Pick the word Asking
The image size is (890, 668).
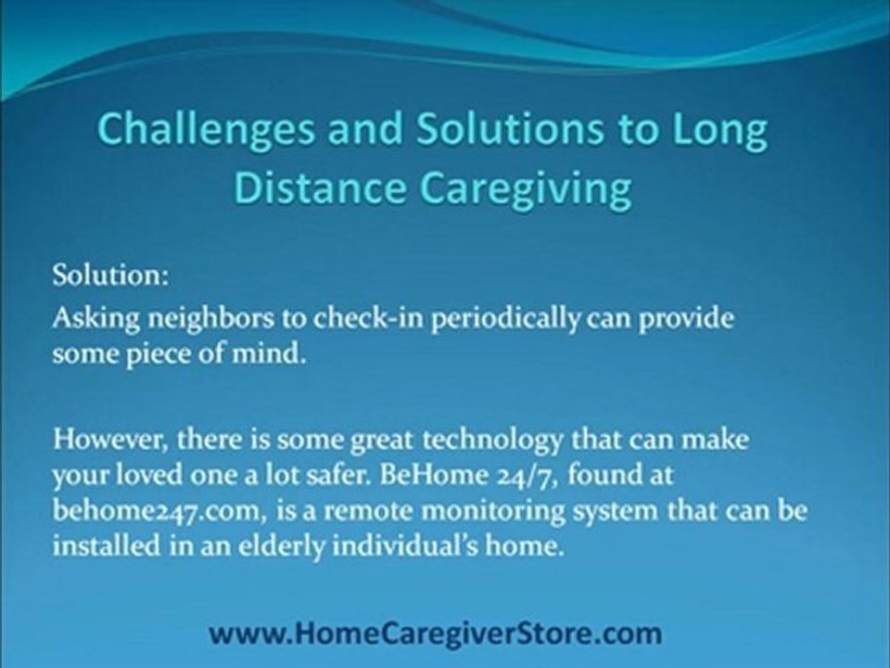[87, 318]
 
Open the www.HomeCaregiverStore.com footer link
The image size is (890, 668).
[436, 634]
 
